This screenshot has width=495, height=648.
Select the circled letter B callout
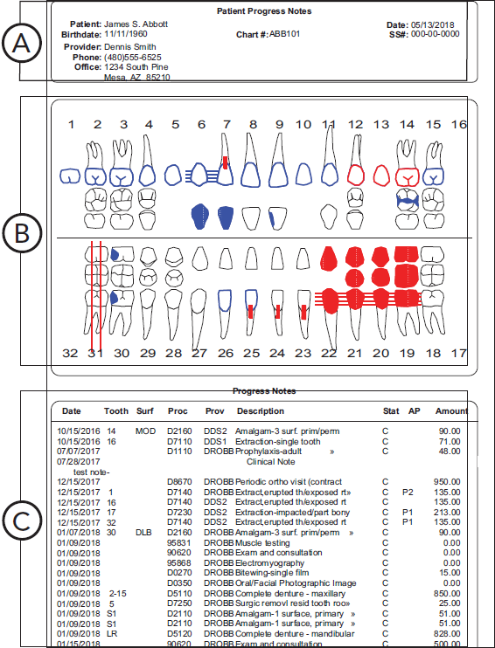[x=22, y=234]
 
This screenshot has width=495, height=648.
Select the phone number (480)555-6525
[x=132, y=57]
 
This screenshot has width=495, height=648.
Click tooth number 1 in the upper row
[x=72, y=125]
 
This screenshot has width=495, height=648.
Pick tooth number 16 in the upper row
[x=458, y=125]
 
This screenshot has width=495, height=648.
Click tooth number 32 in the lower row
[x=72, y=354]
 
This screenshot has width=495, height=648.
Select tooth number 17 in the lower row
[x=458, y=354]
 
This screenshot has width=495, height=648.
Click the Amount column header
[x=451, y=410]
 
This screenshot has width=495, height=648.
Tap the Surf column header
[x=144, y=410]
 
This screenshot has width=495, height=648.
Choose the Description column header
[x=260, y=410]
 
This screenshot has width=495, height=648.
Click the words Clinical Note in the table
[x=272, y=460]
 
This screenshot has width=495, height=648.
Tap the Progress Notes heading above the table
[x=264, y=391]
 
